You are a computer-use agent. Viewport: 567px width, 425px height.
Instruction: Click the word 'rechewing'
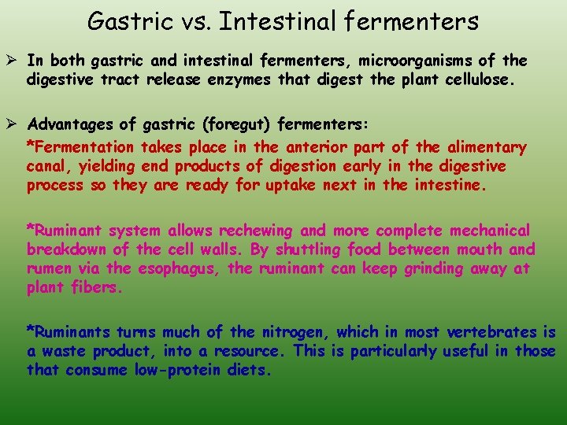[x=257, y=231]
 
